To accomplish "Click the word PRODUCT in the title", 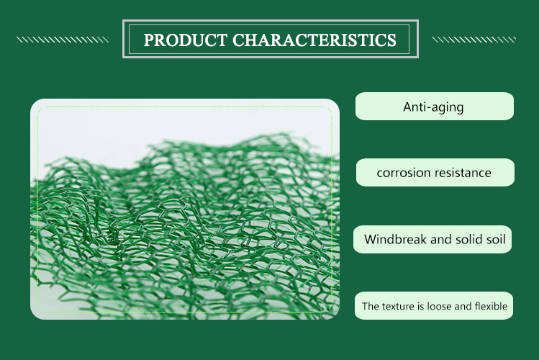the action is (x=185, y=40).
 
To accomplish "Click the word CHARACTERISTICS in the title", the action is (x=314, y=40).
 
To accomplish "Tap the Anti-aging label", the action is (x=433, y=107).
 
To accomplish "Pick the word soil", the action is (x=495, y=239).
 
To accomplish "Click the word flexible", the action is (x=491, y=306).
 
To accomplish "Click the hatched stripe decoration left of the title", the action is (x=63, y=40).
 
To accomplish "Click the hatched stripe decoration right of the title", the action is (x=474, y=40).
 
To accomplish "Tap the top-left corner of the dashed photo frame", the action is (x=37, y=107).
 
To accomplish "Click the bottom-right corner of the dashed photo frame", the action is (x=332, y=312).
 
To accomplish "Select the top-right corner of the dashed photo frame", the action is (x=332, y=107).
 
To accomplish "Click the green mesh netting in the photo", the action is (x=186, y=223).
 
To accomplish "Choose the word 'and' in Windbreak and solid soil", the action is (x=441, y=239).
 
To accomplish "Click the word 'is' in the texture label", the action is (x=421, y=307).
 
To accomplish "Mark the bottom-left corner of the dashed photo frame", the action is (x=37, y=312).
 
